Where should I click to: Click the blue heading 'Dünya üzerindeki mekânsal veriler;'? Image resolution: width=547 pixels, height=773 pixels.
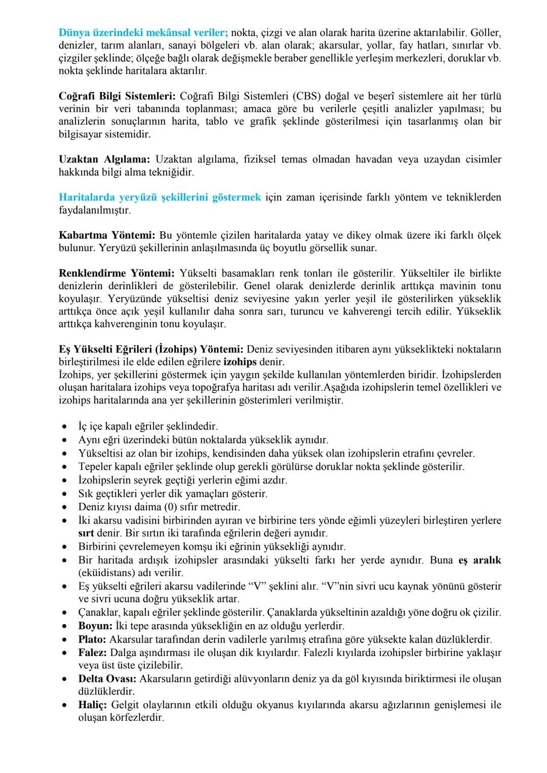143,33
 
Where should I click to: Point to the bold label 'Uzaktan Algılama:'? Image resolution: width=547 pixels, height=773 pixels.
104,159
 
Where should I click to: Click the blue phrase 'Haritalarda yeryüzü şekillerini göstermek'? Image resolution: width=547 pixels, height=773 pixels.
160,197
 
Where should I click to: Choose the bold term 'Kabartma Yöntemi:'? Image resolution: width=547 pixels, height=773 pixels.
107,235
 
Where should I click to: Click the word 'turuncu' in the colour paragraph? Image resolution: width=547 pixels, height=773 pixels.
307,311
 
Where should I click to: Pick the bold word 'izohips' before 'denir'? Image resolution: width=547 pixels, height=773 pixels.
240,362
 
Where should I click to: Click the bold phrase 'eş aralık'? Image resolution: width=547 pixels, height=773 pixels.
480,560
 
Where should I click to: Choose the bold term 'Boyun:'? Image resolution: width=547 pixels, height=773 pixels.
95,626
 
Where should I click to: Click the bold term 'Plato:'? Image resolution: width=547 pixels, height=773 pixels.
92,639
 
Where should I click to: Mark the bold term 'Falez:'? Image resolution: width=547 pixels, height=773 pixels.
93,653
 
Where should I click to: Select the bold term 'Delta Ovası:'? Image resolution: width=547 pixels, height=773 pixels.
107,678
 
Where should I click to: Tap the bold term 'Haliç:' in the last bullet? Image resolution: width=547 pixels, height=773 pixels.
93,705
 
